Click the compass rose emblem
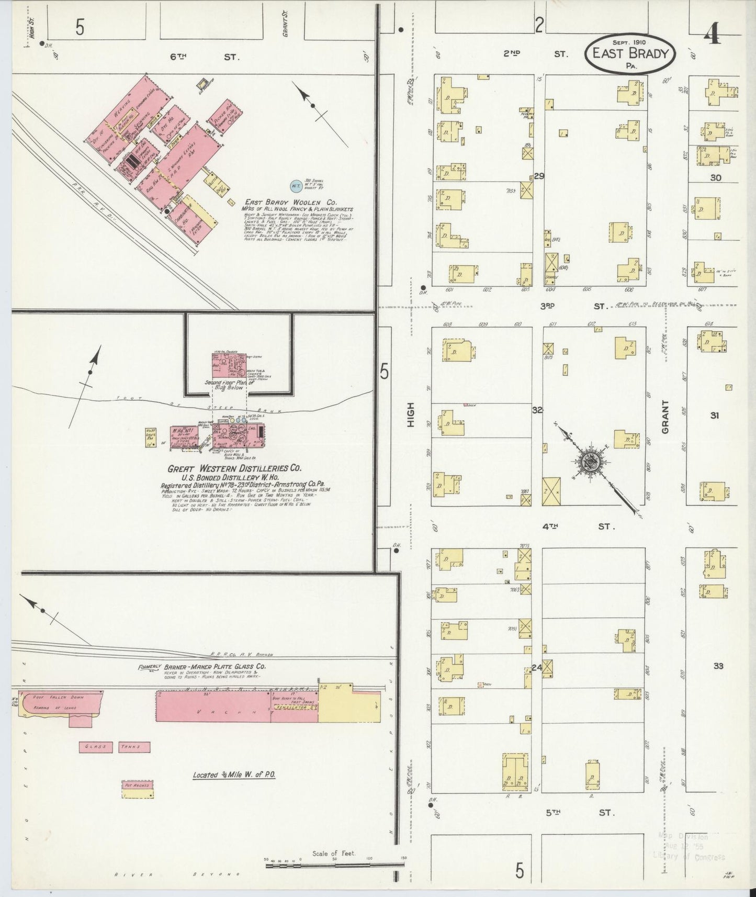pos(591,461)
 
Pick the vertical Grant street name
pos(665,417)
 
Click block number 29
pos(539,176)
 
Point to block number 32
pos(537,410)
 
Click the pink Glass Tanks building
pos(115,747)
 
